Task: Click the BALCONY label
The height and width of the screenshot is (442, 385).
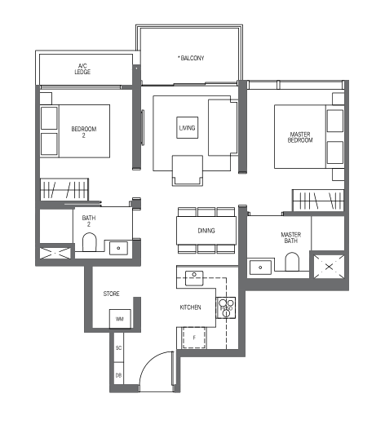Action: (x=191, y=58)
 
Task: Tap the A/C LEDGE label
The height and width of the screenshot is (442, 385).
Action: (x=82, y=69)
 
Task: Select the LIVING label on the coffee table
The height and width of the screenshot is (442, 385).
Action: (x=187, y=128)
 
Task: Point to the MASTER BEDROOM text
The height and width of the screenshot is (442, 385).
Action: (x=300, y=137)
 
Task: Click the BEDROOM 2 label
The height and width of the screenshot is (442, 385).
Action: (x=84, y=132)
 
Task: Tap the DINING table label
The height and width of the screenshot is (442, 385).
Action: (x=206, y=231)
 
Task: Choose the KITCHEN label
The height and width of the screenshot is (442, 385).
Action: (x=190, y=307)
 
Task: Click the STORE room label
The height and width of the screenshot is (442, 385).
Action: (x=111, y=294)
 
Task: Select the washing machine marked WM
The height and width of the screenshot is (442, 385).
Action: (x=120, y=319)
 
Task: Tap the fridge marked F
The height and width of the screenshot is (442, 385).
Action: (x=194, y=338)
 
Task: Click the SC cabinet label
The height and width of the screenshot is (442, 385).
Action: (x=119, y=348)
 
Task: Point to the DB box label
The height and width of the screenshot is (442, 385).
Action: (x=119, y=375)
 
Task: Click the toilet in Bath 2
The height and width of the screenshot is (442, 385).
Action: (x=90, y=242)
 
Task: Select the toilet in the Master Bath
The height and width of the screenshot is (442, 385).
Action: (x=292, y=262)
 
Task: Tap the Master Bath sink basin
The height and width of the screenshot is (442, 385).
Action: (x=260, y=267)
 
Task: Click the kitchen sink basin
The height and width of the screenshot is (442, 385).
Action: (x=194, y=278)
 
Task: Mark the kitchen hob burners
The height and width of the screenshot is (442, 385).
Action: (x=226, y=307)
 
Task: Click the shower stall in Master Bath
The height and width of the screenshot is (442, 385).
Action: (x=329, y=267)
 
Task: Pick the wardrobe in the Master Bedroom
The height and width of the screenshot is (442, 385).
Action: (x=318, y=200)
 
